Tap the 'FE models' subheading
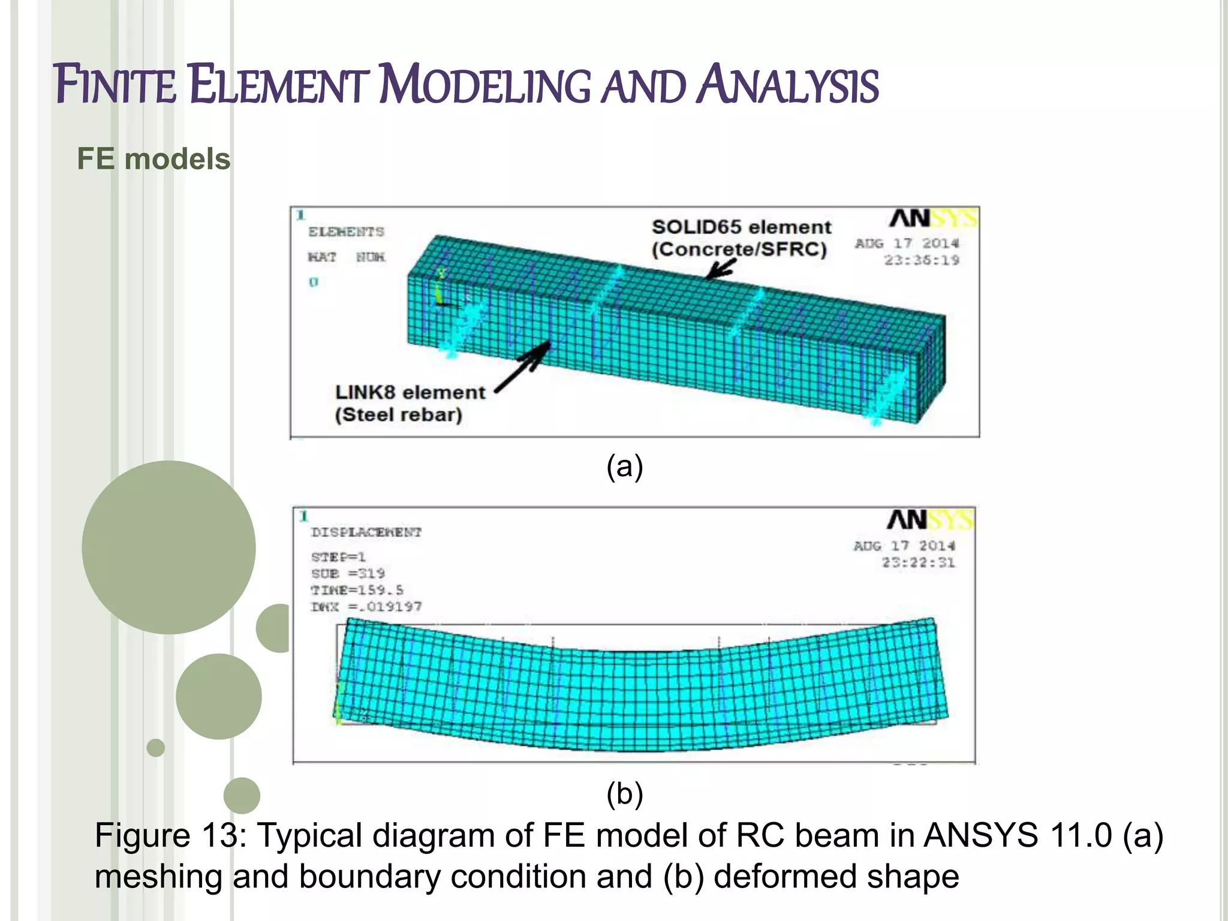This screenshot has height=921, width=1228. (x=153, y=159)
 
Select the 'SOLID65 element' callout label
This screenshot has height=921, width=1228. (x=741, y=227)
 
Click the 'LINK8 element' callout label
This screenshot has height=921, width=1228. (x=410, y=393)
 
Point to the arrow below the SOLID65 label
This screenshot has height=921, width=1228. (x=720, y=269)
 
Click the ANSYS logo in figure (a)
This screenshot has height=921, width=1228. (x=933, y=218)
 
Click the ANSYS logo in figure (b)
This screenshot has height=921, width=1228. (x=930, y=520)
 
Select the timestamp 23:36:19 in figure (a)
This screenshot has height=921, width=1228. (x=922, y=260)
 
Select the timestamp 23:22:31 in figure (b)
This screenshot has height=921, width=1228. (x=918, y=562)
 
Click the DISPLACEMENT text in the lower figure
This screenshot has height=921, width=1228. (x=366, y=532)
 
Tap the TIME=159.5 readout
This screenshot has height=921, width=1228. (x=357, y=590)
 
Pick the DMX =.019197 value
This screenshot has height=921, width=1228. (x=366, y=607)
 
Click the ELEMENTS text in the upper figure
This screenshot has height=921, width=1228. (x=346, y=232)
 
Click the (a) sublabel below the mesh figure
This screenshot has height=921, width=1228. (x=624, y=466)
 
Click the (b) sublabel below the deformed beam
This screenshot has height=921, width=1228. (x=624, y=794)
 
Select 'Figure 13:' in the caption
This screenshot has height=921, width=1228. (x=170, y=836)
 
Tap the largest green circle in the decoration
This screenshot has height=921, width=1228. (x=168, y=547)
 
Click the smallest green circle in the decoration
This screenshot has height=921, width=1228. (x=155, y=748)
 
